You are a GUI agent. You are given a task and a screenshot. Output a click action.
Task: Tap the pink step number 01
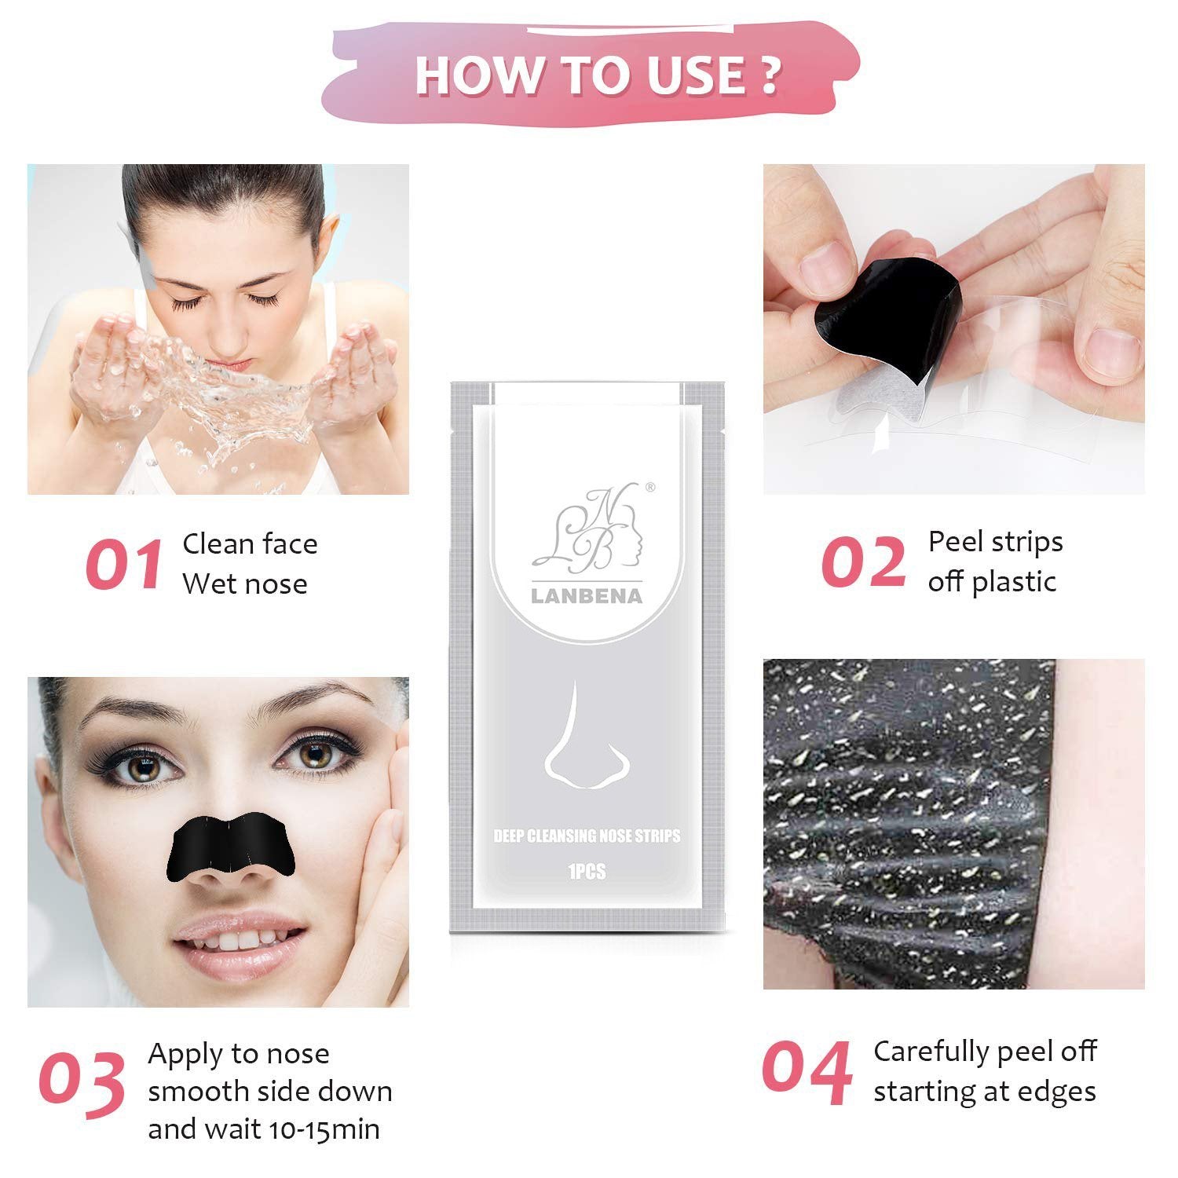(125, 564)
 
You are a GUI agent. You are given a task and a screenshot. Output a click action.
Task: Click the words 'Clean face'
(250, 543)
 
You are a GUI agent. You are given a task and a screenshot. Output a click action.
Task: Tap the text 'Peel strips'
(995, 542)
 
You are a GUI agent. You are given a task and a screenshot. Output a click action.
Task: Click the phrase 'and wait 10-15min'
(264, 1129)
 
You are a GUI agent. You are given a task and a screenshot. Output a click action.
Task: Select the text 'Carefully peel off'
(985, 1051)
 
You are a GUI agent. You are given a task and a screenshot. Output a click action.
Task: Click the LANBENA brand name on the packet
(587, 596)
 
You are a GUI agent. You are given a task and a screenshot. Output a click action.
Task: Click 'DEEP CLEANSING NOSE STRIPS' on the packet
(587, 836)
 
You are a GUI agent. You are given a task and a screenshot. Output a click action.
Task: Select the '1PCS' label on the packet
(586, 872)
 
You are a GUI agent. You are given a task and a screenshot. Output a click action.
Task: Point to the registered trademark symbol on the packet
(649, 487)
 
